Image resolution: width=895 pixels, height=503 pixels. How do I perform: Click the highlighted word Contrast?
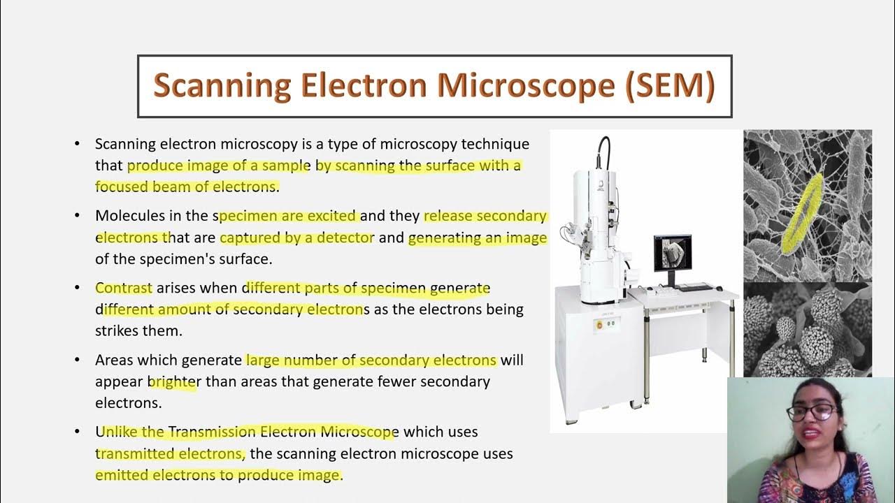(x=124, y=288)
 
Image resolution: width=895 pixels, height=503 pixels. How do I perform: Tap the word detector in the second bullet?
(x=345, y=238)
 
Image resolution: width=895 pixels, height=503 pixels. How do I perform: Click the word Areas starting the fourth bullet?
(x=114, y=360)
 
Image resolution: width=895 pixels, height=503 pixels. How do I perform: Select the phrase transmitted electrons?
(x=171, y=454)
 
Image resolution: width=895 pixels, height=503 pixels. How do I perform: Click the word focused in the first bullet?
(x=120, y=187)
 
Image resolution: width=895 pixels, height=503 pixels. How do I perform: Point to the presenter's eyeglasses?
(x=810, y=412)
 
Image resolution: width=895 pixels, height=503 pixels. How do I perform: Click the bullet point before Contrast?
(x=78, y=288)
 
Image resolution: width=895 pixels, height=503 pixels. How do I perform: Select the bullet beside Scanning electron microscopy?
(x=78, y=145)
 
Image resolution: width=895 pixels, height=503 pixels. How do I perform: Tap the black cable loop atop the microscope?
(x=603, y=150)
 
